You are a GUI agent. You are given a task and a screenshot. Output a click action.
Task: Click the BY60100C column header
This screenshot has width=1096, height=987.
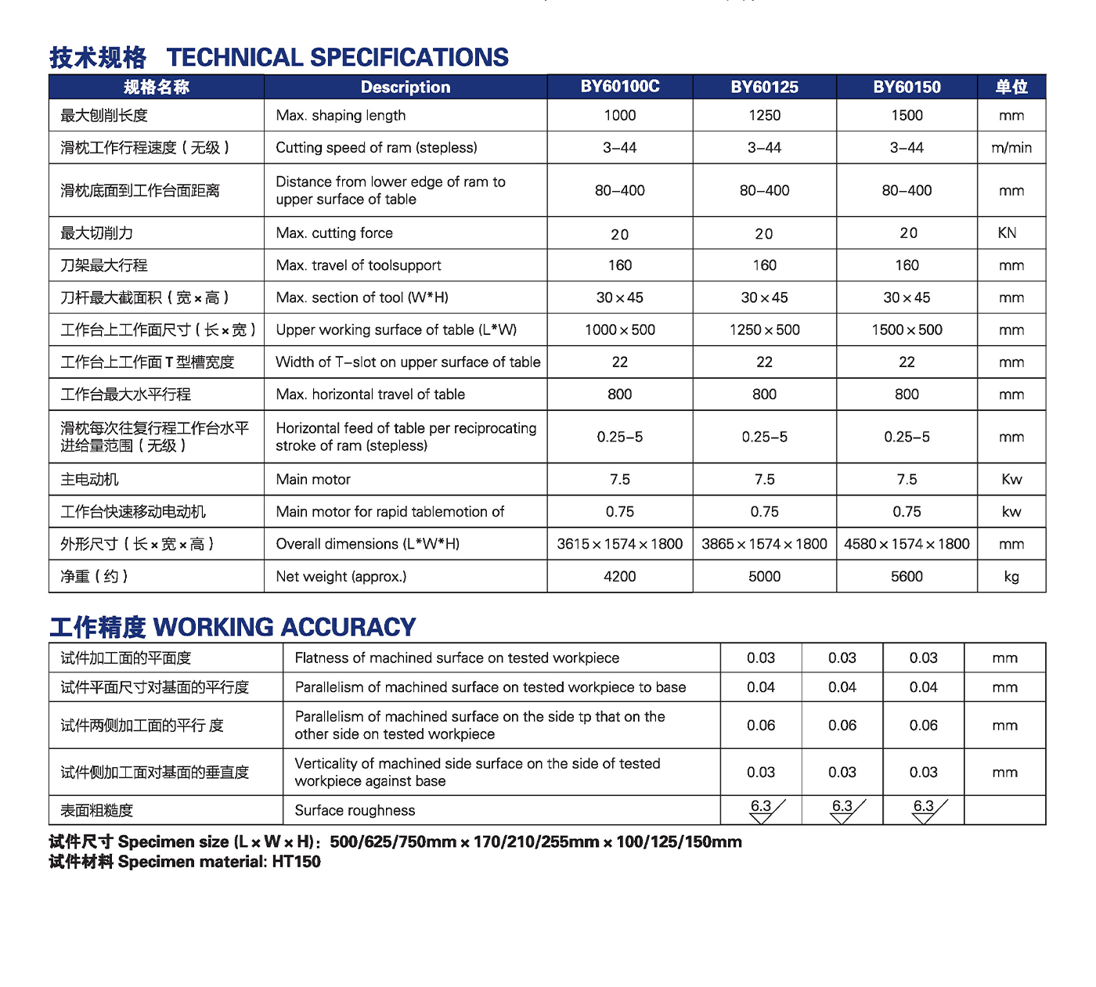(x=619, y=87)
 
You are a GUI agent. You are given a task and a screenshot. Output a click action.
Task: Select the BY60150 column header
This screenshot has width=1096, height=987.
(x=907, y=87)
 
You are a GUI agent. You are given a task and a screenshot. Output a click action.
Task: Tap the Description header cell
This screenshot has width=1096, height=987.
(x=406, y=87)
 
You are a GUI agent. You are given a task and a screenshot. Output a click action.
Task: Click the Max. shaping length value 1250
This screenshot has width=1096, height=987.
(x=764, y=116)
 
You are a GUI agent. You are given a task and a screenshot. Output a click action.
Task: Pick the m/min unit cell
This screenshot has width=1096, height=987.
(x=1011, y=148)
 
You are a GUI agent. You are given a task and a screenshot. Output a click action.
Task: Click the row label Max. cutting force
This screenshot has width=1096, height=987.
(x=334, y=233)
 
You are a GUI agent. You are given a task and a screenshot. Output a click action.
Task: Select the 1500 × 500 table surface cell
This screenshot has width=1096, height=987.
(x=907, y=330)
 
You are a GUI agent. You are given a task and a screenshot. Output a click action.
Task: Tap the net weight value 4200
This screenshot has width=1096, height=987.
(x=619, y=577)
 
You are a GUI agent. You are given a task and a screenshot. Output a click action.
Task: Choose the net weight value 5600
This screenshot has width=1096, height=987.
(x=907, y=577)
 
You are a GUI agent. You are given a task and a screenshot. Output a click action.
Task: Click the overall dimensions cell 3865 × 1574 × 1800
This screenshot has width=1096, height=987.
(x=764, y=544)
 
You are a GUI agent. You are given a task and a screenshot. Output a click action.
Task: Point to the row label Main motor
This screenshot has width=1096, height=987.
(x=313, y=480)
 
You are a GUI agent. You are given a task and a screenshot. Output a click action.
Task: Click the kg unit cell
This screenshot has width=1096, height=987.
(x=1011, y=577)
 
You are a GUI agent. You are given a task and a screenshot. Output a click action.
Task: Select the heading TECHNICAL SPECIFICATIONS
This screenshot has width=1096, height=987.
(x=337, y=58)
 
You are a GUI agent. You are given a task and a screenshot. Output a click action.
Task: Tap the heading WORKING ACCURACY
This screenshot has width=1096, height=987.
(x=285, y=627)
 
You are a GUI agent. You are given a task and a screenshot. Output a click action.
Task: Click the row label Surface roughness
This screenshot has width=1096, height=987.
(x=355, y=811)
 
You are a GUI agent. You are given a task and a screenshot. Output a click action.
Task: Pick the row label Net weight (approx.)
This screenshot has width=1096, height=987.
(x=341, y=577)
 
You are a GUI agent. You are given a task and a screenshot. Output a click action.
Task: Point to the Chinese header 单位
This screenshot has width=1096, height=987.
(x=1011, y=87)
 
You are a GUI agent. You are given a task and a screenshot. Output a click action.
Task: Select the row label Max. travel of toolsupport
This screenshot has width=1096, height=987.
(x=359, y=266)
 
